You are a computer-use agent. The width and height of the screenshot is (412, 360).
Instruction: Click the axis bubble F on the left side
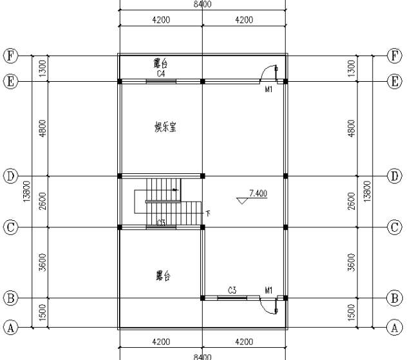(10, 56)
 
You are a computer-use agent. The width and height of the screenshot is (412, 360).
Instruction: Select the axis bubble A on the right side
(395, 327)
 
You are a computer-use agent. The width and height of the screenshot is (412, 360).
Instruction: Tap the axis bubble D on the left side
(10, 176)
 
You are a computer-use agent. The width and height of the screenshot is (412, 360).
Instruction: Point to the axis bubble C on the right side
(395, 227)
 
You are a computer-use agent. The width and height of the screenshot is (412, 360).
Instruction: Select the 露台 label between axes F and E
(162, 64)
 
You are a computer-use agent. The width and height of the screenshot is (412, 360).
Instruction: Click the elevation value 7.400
(257, 193)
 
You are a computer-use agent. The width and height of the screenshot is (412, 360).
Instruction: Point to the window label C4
(162, 74)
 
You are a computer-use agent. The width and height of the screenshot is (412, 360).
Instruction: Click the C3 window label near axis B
(231, 290)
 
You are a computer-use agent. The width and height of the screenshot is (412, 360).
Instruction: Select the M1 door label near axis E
(268, 90)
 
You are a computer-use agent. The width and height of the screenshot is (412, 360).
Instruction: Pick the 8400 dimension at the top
(202, 5)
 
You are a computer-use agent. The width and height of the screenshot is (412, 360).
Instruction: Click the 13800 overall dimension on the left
(26, 191)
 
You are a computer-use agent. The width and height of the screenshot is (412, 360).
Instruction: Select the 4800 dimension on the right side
(351, 128)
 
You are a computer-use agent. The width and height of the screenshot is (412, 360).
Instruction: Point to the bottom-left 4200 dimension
(161, 342)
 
